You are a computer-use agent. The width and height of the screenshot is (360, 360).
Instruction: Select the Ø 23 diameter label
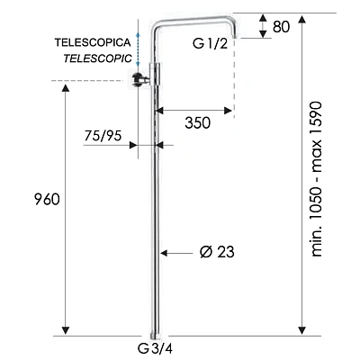click(x=217, y=252)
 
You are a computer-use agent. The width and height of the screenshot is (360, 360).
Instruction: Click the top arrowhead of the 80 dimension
click(x=263, y=18)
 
